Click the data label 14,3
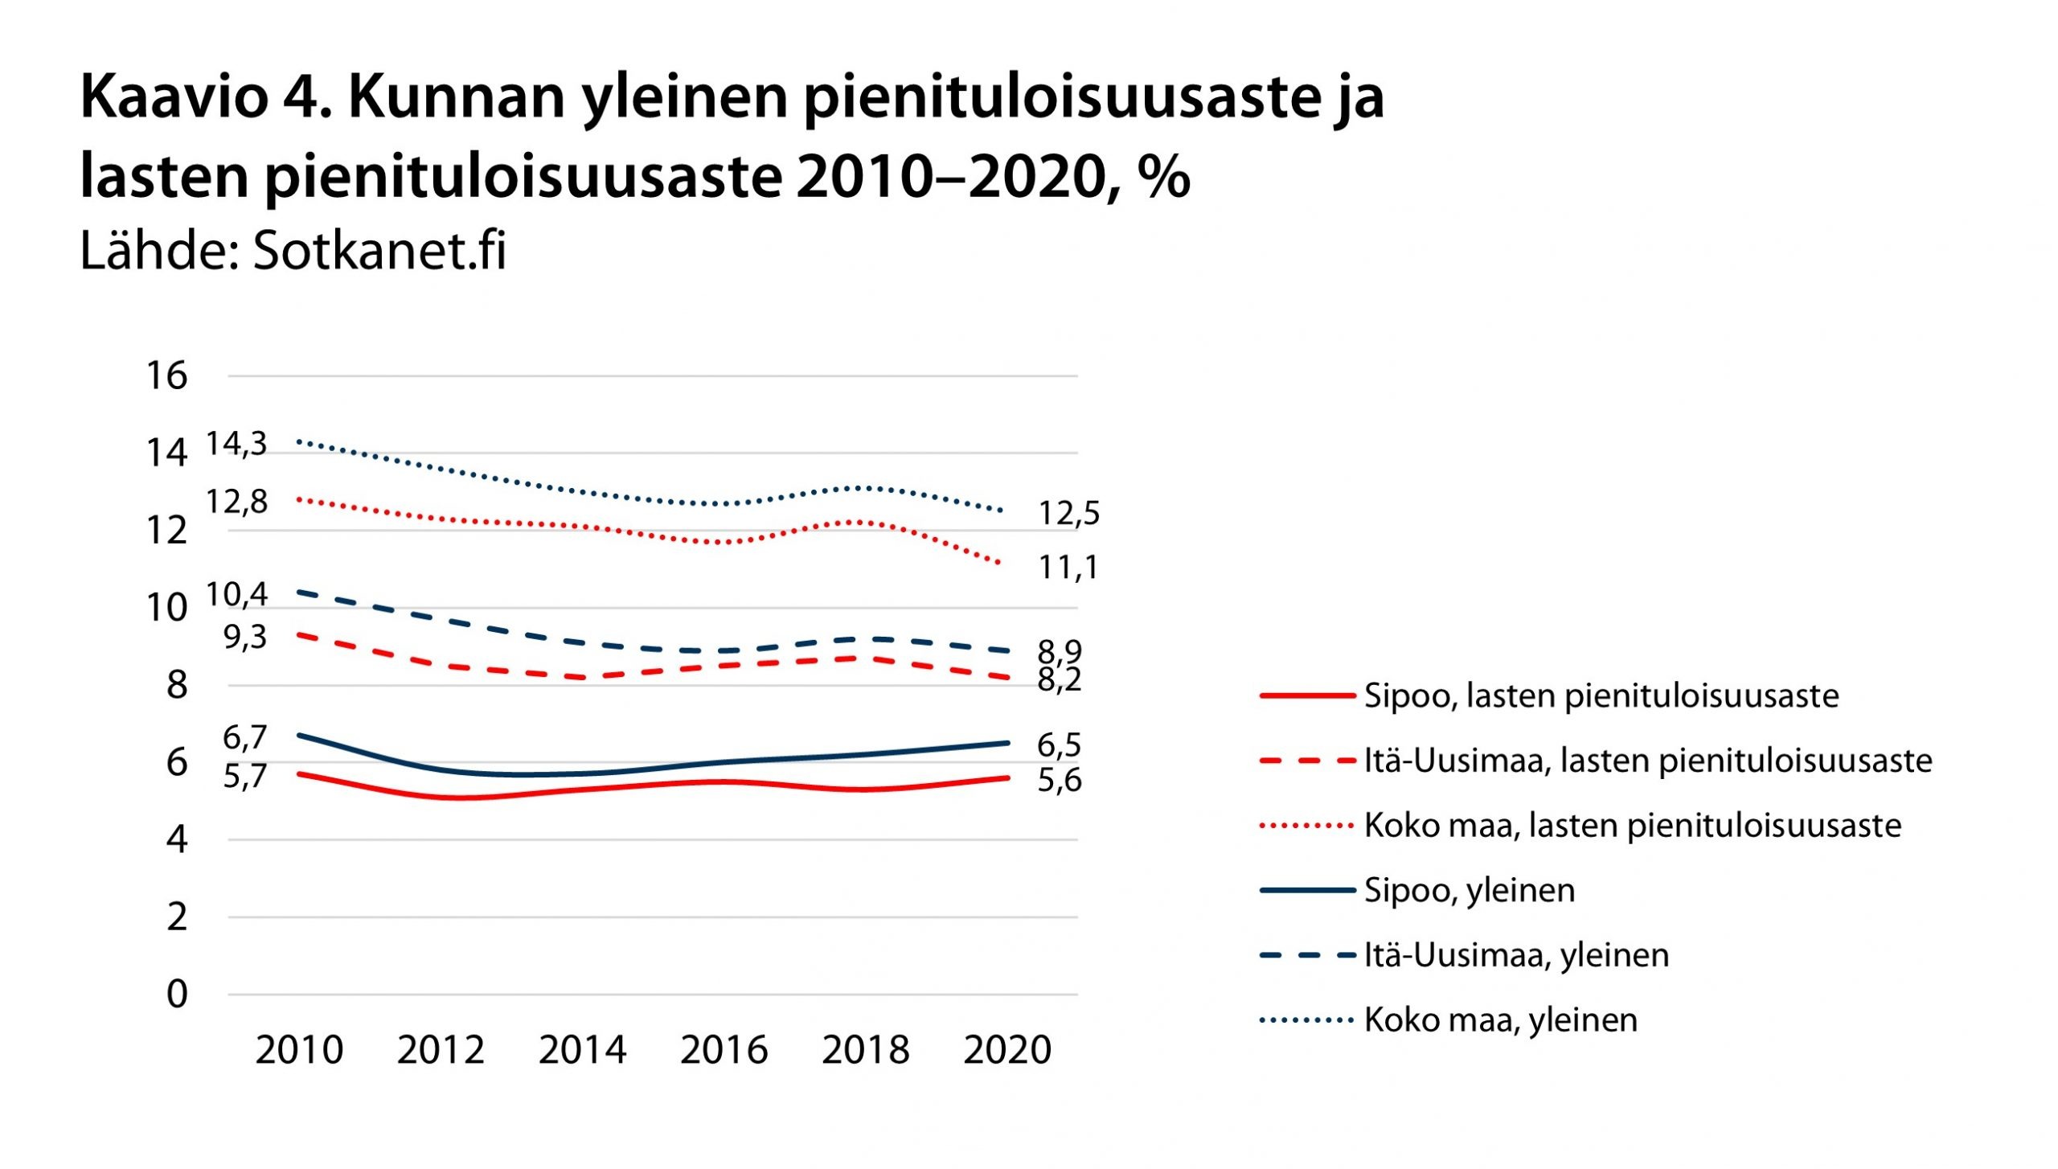pyautogui.click(x=236, y=443)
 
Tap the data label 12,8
pyautogui.click(x=236, y=502)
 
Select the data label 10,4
pyautogui.click(x=236, y=595)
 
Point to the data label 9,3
pyautogui.click(x=244, y=637)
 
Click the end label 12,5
pyautogui.click(x=1068, y=513)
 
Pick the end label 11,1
pyautogui.click(x=1068, y=568)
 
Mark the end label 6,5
pyautogui.click(x=1059, y=745)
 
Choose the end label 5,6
pyautogui.click(x=1059, y=780)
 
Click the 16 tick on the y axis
pyautogui.click(x=166, y=375)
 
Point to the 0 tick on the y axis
pyautogui.click(x=177, y=994)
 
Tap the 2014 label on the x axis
pyautogui.click(x=582, y=1049)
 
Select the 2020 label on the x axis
pyautogui.click(x=1006, y=1049)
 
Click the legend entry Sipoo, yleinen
pyautogui.click(x=1469, y=890)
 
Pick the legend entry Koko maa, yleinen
pyautogui.click(x=1500, y=1019)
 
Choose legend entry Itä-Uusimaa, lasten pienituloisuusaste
pyautogui.click(x=1647, y=761)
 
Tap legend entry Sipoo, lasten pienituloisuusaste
pyautogui.click(x=1601, y=695)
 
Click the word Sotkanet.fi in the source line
pyautogui.click(x=379, y=250)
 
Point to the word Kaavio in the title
pyautogui.click(x=174, y=96)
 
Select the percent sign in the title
pyautogui.click(x=1163, y=176)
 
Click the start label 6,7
pyautogui.click(x=244, y=737)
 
